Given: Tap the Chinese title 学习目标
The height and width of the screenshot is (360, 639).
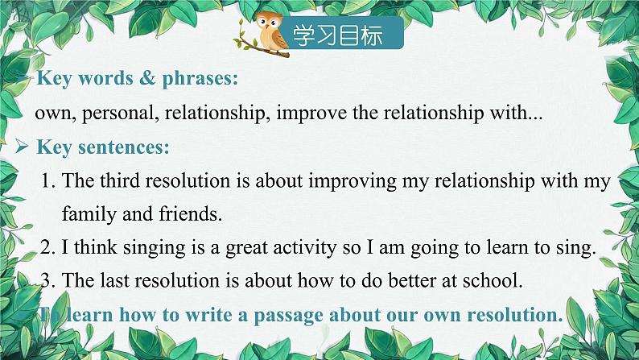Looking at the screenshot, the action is pyautogui.click(x=338, y=35).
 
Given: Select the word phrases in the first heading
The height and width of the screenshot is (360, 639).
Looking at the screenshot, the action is pyautogui.click(x=200, y=79).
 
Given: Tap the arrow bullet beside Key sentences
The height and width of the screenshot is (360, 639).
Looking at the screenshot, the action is pyautogui.click(x=22, y=147).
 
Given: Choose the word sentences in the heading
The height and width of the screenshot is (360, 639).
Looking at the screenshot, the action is pyautogui.click(x=123, y=147).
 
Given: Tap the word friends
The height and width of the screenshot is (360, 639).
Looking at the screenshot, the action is pyautogui.click(x=191, y=213).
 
